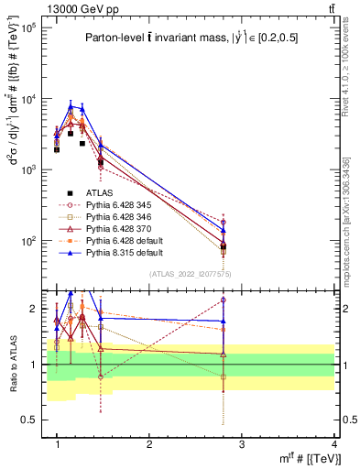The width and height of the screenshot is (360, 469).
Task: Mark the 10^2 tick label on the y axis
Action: point(29,241)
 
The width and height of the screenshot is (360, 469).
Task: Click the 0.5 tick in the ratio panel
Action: point(33,420)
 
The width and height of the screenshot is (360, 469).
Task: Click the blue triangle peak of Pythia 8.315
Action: point(71,106)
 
